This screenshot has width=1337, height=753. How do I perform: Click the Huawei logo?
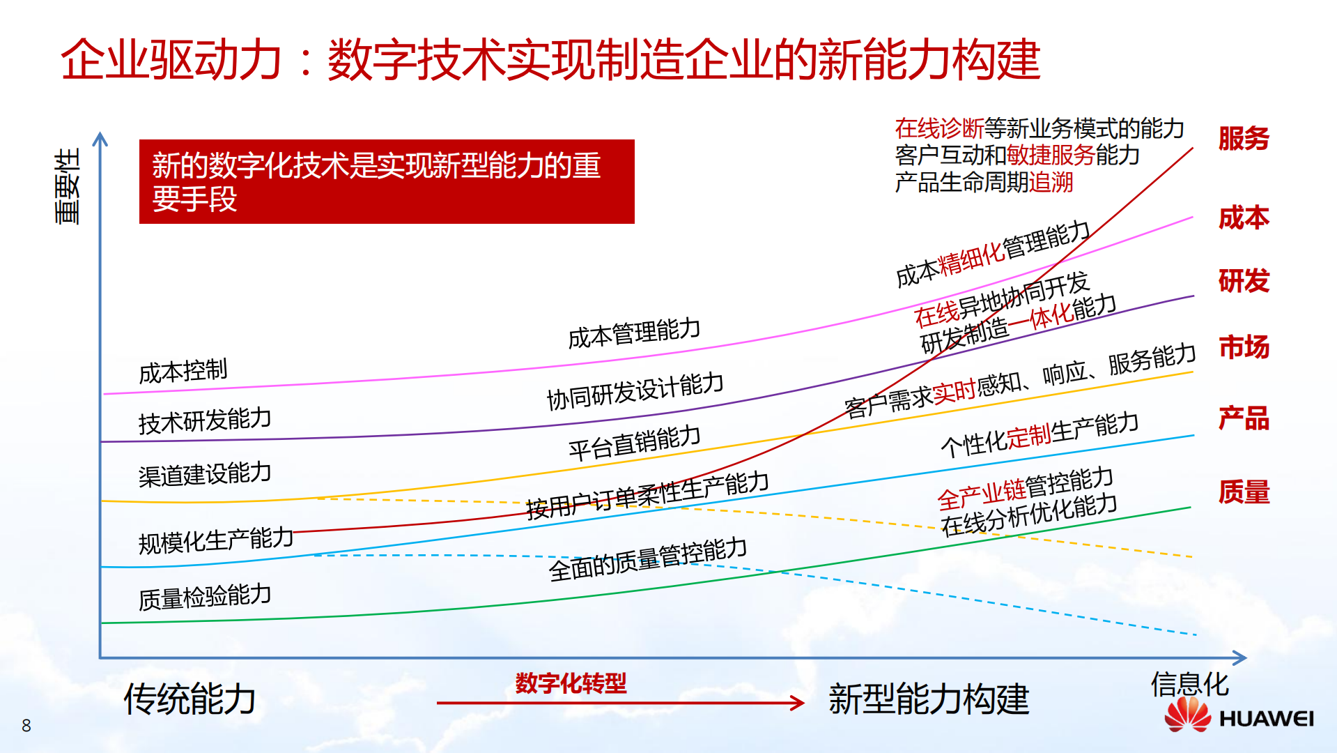click(1239, 716)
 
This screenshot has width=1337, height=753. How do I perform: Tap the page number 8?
click(26, 726)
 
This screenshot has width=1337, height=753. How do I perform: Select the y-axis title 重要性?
click(68, 186)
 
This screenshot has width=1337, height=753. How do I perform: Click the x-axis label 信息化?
click(1189, 684)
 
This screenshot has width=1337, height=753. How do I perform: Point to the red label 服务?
click(1244, 139)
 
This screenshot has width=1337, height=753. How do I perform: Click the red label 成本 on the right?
click(1244, 218)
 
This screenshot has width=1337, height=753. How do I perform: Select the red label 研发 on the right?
click(1244, 282)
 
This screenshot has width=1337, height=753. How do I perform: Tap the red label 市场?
click(1244, 347)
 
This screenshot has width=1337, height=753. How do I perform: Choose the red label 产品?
click(1244, 418)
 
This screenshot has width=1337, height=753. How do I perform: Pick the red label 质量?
click(1244, 492)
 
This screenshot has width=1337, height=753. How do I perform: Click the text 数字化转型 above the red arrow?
click(571, 683)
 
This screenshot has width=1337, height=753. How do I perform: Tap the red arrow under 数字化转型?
click(620, 703)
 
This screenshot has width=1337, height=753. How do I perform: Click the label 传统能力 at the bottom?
click(190, 699)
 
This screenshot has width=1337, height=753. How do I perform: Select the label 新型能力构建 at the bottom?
click(929, 699)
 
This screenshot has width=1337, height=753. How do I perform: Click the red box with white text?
click(387, 182)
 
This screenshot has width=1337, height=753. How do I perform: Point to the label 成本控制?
click(183, 372)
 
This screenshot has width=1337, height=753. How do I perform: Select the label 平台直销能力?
click(634, 443)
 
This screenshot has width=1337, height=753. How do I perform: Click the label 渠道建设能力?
click(205, 474)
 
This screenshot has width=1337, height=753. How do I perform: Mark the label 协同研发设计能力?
click(635, 391)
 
